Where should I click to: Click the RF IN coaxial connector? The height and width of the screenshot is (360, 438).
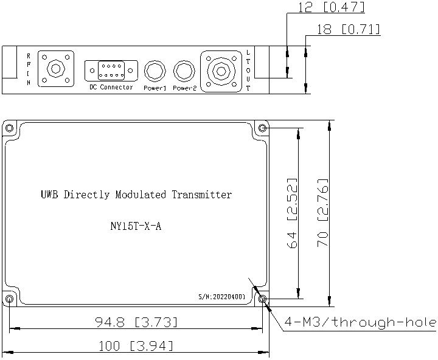(x=56, y=69)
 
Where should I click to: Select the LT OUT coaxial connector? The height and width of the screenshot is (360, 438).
(x=221, y=72)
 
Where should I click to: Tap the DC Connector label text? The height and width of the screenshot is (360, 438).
(x=111, y=87)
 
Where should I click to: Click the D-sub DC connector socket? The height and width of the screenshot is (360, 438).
(x=111, y=71)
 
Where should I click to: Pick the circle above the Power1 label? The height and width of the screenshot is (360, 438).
(x=155, y=71)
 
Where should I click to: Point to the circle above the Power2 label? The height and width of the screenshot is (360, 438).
(x=184, y=71)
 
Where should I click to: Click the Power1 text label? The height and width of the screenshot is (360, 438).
(x=155, y=88)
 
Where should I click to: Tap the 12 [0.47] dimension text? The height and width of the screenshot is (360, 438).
(x=332, y=7)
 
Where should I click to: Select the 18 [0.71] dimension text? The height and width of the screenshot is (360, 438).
(x=349, y=29)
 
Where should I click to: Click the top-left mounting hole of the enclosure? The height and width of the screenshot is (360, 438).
(x=9, y=128)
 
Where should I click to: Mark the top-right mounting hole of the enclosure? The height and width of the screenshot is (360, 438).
(x=262, y=128)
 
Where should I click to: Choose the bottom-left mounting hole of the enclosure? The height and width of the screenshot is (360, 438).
(x=9, y=299)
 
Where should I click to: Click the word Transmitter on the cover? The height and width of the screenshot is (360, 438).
(x=202, y=195)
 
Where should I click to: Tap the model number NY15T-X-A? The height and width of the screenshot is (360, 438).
(x=136, y=226)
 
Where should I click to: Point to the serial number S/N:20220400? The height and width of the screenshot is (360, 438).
(x=222, y=297)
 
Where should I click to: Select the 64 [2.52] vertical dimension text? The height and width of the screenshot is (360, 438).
(x=292, y=213)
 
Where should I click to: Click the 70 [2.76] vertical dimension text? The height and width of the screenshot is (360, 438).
(x=322, y=213)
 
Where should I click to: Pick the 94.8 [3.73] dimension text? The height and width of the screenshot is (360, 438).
(x=136, y=322)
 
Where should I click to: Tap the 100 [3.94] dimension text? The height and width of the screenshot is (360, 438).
(x=136, y=346)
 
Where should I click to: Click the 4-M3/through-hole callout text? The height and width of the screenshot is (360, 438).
(x=360, y=322)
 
